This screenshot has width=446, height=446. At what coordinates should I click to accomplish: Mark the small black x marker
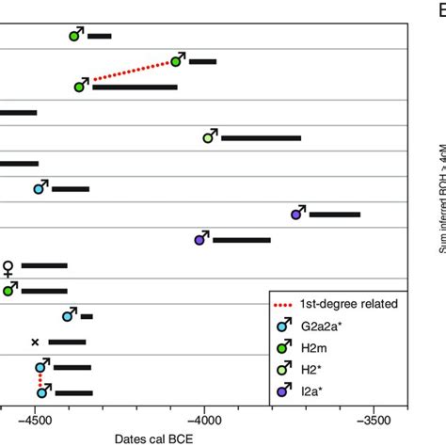point(35,342)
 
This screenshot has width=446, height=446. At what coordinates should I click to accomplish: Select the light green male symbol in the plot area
point(210,136)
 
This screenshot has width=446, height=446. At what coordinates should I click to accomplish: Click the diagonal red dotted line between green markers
point(128,73)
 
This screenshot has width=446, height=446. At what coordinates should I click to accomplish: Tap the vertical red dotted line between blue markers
point(40,379)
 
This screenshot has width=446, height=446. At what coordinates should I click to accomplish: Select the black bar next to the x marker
point(67,342)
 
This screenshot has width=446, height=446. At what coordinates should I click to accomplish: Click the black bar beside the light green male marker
point(261,138)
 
